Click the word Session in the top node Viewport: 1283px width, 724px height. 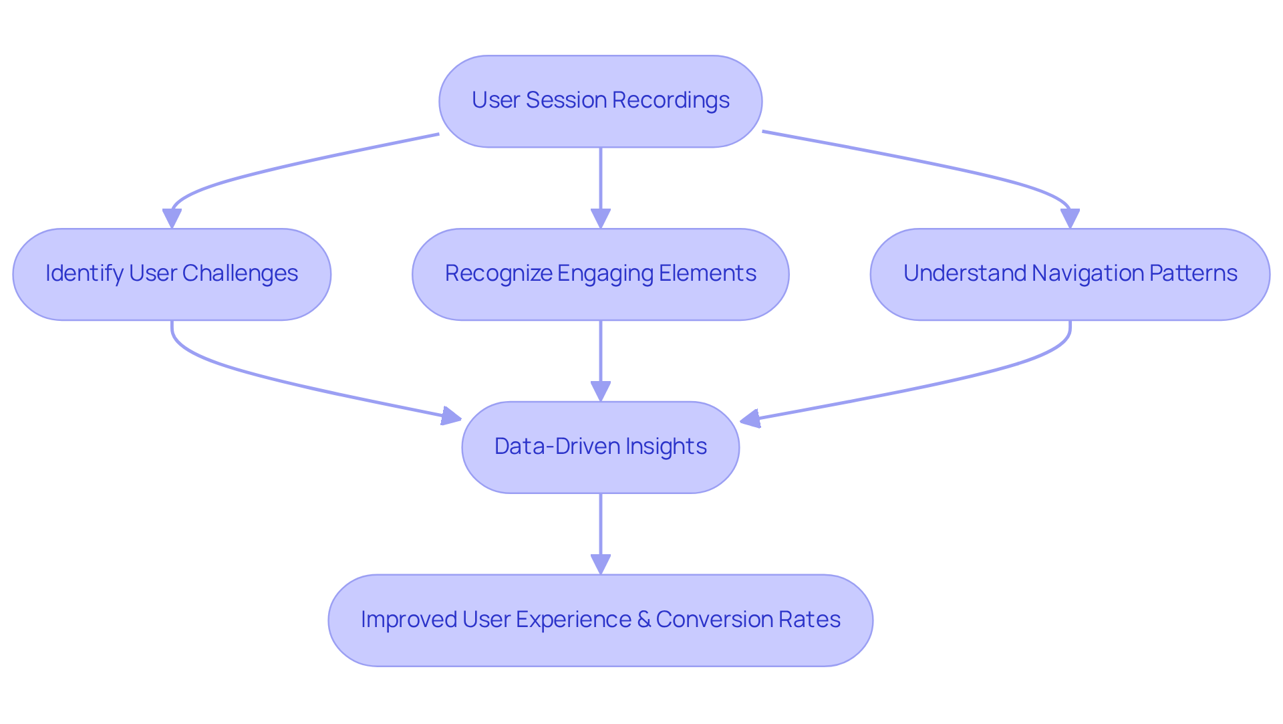click(x=566, y=100)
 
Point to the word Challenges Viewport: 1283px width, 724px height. click(x=240, y=273)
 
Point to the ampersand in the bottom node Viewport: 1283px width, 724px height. click(x=644, y=620)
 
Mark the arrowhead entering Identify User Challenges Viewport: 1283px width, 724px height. click(x=172, y=219)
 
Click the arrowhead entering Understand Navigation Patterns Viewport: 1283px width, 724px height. click(x=1070, y=219)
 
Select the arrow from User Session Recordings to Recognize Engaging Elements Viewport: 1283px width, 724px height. click(x=600, y=180)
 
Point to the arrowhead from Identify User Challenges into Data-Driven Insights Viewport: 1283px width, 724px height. click(x=452, y=416)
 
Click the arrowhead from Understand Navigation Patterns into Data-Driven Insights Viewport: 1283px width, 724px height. click(x=750, y=419)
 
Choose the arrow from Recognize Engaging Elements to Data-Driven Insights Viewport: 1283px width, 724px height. click(x=600, y=354)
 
